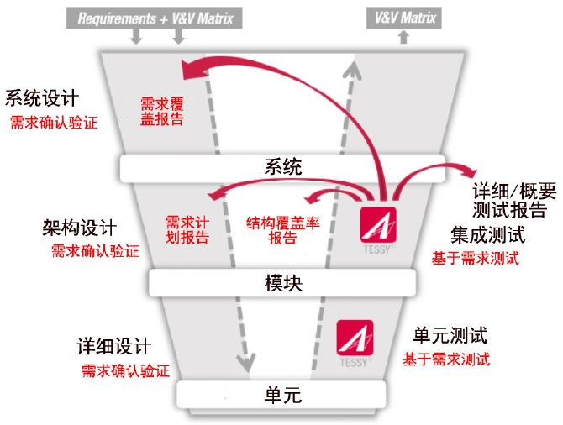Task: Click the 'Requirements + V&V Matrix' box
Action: (155, 18)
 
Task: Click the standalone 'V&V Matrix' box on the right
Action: (404, 18)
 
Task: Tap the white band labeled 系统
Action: (282, 168)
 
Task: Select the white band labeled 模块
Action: (282, 283)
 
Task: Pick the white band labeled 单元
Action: (281, 395)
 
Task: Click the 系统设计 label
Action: (42, 98)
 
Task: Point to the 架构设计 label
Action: (79, 228)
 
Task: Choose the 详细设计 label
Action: (113, 346)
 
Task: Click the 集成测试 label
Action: (488, 235)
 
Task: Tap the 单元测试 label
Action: (450, 335)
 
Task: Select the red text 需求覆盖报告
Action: (162, 111)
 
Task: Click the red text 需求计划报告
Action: (187, 230)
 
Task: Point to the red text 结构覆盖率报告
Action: (283, 230)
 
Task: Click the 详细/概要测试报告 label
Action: (514, 200)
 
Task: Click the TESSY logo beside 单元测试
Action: (355, 343)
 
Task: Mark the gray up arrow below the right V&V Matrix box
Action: (404, 37)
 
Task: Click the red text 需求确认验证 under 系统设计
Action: (54, 123)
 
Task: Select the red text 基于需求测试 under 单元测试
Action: (446, 359)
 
